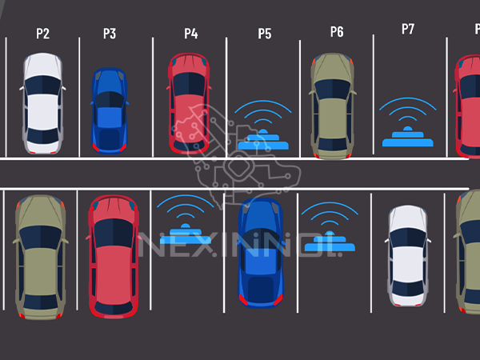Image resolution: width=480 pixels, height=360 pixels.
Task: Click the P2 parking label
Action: pyautogui.click(x=42, y=34)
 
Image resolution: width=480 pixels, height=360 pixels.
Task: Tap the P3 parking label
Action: pyautogui.click(x=110, y=34)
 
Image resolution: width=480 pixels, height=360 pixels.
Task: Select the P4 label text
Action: pyautogui.click(x=190, y=34)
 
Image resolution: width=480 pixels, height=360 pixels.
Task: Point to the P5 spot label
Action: pyautogui.click(x=264, y=34)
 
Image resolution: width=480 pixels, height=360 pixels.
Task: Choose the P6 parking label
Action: pyautogui.click(x=337, y=32)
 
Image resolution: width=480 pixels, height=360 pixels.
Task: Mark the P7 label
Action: pyautogui.click(x=408, y=30)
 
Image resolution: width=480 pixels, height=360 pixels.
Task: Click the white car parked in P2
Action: pyautogui.click(x=42, y=103)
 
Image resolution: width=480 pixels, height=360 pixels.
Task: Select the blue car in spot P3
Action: pyautogui.click(x=109, y=110)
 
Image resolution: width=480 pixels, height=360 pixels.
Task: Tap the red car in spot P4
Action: pyautogui.click(x=189, y=102)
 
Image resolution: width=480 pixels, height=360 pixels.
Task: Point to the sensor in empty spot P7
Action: pyautogui.click(x=407, y=136)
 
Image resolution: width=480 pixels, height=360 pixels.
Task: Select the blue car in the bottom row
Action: pyautogui.click(x=261, y=252)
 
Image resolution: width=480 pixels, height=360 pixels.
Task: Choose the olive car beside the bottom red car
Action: pyautogui.click(x=40, y=256)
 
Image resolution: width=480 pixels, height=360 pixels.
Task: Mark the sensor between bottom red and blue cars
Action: pyautogui.click(x=186, y=232)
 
